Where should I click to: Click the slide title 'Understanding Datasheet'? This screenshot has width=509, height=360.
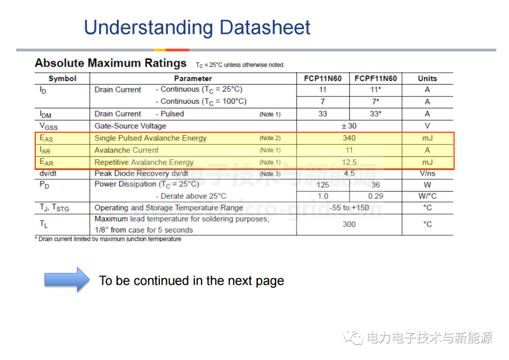tap(197, 28)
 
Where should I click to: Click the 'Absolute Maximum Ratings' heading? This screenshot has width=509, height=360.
tap(111, 63)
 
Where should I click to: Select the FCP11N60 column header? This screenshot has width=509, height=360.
tap(323, 79)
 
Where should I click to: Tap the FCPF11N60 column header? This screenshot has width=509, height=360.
tap(376, 79)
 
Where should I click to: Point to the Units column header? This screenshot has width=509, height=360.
tap(427, 79)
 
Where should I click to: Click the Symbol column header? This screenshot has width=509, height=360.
tap(62, 79)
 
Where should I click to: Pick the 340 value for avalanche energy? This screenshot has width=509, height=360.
tap(349, 138)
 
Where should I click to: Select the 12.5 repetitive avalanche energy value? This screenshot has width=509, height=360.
tap(349, 162)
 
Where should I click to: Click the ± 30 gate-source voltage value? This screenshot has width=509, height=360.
tap(349, 126)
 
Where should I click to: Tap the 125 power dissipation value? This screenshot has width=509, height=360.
tap(323, 185)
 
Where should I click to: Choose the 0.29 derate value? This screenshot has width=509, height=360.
tap(376, 196)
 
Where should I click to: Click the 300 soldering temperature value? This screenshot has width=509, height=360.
tap(349, 224)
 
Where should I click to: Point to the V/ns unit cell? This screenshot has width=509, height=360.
tap(427, 173)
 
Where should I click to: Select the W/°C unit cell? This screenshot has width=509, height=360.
tap(427, 196)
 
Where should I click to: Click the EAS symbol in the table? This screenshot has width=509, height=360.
tap(46, 138)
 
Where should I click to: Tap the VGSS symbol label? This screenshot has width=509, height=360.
tap(49, 126)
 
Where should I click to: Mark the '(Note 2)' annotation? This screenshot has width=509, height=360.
tap(270, 138)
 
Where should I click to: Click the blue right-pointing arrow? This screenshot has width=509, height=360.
tap(67, 279)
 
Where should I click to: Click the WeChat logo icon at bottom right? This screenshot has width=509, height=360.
tap(353, 337)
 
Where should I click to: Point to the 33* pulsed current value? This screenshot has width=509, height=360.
tap(376, 114)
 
